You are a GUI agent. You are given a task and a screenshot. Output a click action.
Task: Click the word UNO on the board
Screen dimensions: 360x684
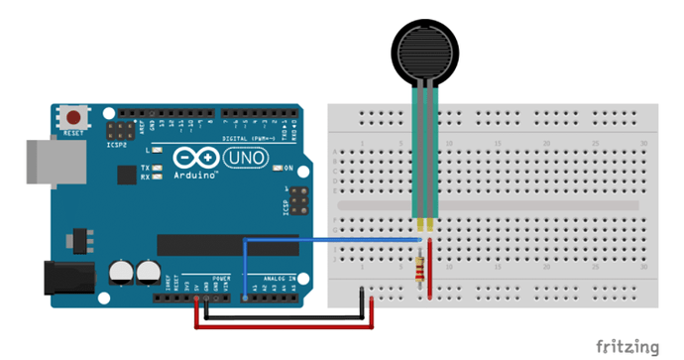(x=245, y=158)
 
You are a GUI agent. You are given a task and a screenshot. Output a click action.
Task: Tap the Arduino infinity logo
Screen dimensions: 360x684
(x=196, y=158)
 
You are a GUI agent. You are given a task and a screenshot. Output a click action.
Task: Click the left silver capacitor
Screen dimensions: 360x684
(x=123, y=270)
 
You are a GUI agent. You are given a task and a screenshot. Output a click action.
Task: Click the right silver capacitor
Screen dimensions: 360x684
(x=149, y=270)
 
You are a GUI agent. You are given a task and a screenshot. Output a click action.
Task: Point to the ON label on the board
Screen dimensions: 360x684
(x=291, y=169)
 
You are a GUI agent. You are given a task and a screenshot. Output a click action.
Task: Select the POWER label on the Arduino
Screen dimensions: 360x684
(x=221, y=280)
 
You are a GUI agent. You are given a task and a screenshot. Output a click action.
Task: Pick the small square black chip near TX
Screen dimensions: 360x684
(x=126, y=175)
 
